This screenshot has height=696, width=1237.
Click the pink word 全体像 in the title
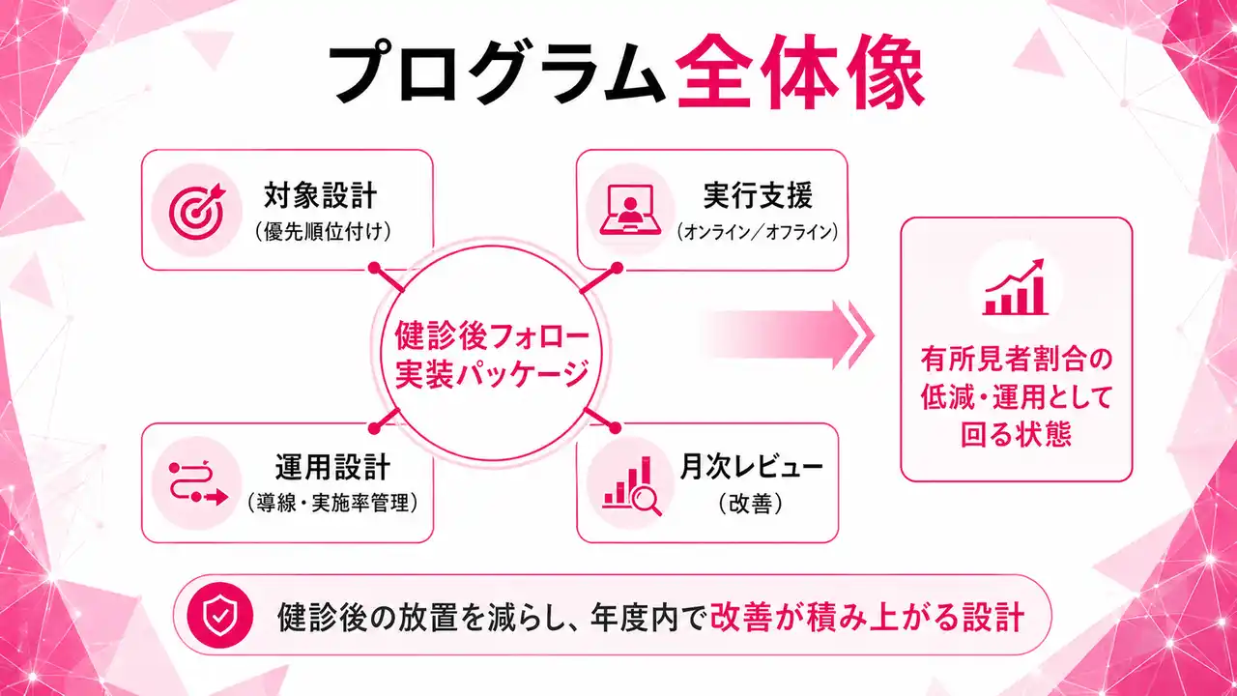799,76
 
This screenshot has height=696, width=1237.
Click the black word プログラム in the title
496,76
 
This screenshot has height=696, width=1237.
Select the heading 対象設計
320,196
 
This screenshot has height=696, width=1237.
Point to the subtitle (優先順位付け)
320,233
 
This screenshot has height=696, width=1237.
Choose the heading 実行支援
758,196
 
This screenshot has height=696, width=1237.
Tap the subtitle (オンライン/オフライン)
757,233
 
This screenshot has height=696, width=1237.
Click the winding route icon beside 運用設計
196,481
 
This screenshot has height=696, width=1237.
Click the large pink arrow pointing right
788,334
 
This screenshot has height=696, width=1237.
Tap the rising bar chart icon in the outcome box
1015,287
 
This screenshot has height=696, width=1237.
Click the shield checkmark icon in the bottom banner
220,615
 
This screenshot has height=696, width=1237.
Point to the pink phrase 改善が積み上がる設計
867,616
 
